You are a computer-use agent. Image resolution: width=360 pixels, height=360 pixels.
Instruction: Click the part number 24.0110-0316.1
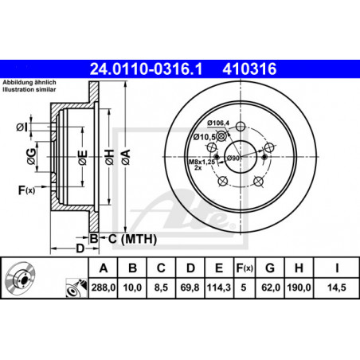click(146, 68)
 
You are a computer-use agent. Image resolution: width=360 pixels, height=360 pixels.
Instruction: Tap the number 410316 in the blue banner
click(249, 68)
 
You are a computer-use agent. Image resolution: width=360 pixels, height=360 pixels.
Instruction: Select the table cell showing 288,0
click(104, 288)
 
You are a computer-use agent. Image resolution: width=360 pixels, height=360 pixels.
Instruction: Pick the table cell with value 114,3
click(219, 288)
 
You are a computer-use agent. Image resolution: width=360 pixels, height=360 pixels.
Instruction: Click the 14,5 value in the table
click(337, 288)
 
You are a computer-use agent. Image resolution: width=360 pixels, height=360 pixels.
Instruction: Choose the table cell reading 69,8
click(190, 288)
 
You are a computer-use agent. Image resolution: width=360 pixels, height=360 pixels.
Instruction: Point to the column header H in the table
click(299, 268)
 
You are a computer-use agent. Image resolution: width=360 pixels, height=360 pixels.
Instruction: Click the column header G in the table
click(270, 268)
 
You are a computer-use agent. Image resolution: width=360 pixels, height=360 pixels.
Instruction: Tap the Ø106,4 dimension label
click(218, 123)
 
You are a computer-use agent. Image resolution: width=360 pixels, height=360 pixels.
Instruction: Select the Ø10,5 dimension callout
click(204, 137)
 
